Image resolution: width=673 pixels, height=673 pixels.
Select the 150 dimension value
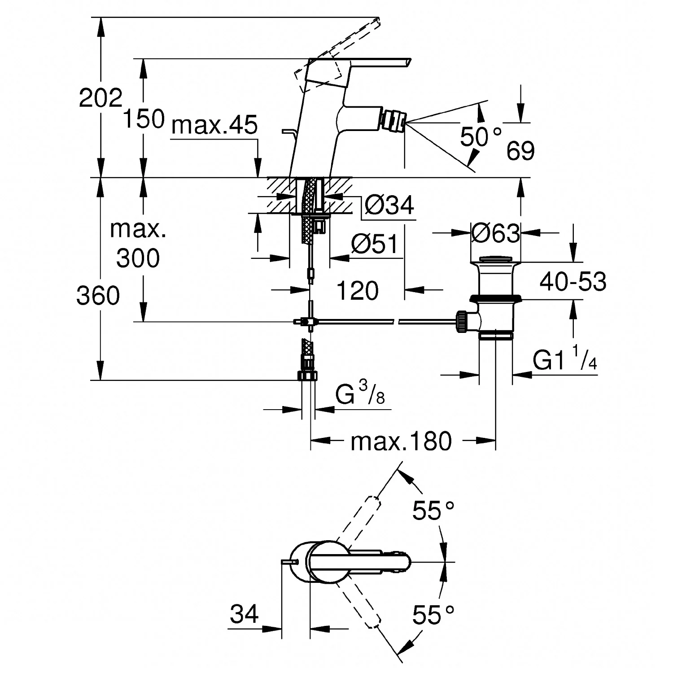tap(144, 119)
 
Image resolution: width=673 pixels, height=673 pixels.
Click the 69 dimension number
tap(520, 151)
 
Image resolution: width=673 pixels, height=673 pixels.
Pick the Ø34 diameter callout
tap(389, 205)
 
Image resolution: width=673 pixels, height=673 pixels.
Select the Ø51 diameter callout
tap(375, 245)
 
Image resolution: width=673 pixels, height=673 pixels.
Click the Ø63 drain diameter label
tap(496, 233)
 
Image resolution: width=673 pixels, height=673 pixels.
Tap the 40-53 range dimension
tap(573, 282)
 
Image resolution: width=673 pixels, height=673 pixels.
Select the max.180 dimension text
tap(401, 441)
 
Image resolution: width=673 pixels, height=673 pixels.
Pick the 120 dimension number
tap(357, 291)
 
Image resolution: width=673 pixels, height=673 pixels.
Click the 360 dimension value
tap(98, 296)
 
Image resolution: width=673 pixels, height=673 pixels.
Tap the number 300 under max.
tap(138, 258)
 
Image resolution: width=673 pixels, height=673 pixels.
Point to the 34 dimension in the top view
tap(245, 613)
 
